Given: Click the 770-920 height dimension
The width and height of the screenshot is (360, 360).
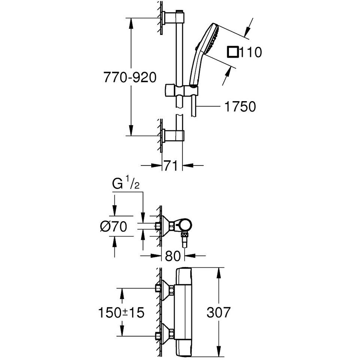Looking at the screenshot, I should (x=130, y=77).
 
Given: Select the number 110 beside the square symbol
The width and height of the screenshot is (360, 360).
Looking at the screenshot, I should (x=251, y=53).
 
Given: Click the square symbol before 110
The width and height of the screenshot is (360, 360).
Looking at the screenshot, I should (x=232, y=53).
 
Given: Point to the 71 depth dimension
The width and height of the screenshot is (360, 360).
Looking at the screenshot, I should (x=171, y=166).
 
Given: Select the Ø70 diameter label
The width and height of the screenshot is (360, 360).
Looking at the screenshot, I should (x=114, y=226).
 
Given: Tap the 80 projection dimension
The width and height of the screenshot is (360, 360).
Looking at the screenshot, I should (x=172, y=256).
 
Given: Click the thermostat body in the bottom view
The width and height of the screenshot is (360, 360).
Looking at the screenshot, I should (x=185, y=311).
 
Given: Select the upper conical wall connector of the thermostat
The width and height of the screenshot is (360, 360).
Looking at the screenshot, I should (x=166, y=289).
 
